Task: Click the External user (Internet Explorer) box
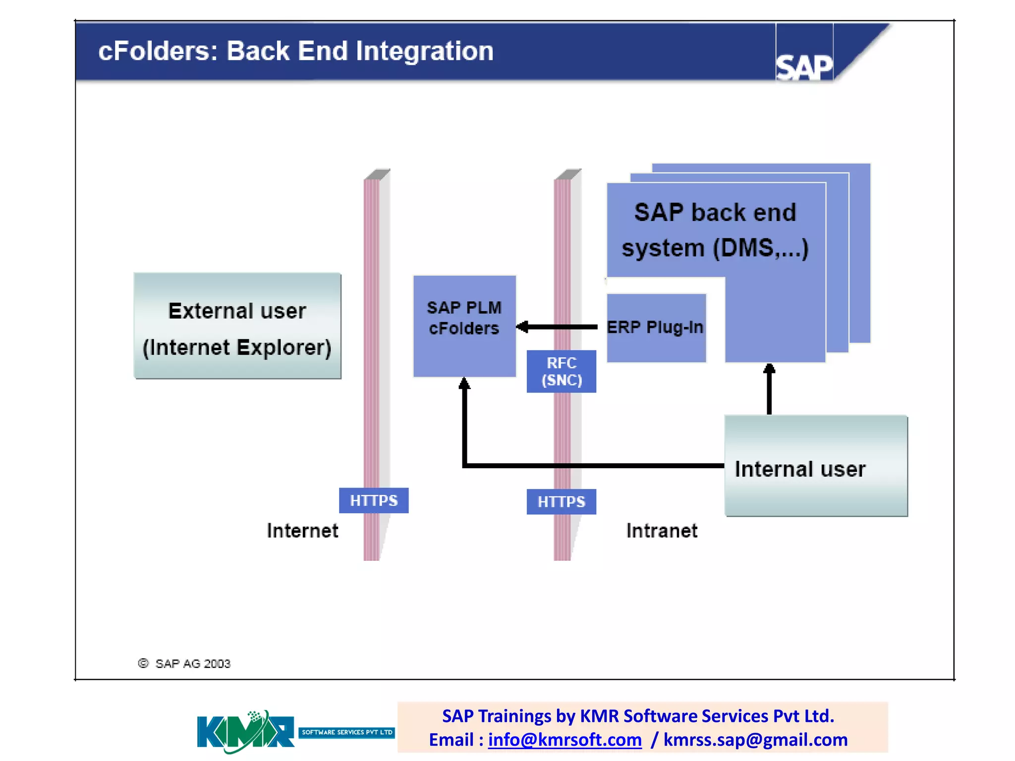tap(237, 326)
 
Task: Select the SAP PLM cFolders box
tap(464, 326)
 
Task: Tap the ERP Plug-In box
tap(656, 327)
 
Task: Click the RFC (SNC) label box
tap(561, 372)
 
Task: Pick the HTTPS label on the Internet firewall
tap(374, 500)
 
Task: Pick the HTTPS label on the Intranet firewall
tap(561, 501)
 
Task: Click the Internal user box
tap(816, 466)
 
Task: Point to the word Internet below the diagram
tap(302, 531)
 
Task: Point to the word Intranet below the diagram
tap(662, 531)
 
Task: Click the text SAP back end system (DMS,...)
tap(715, 230)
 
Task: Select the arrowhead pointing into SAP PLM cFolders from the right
tap(522, 327)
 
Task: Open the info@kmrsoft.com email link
tap(564, 740)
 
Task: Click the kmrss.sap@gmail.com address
tap(755, 740)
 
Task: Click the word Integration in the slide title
tap(424, 51)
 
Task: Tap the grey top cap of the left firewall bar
tap(377, 174)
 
